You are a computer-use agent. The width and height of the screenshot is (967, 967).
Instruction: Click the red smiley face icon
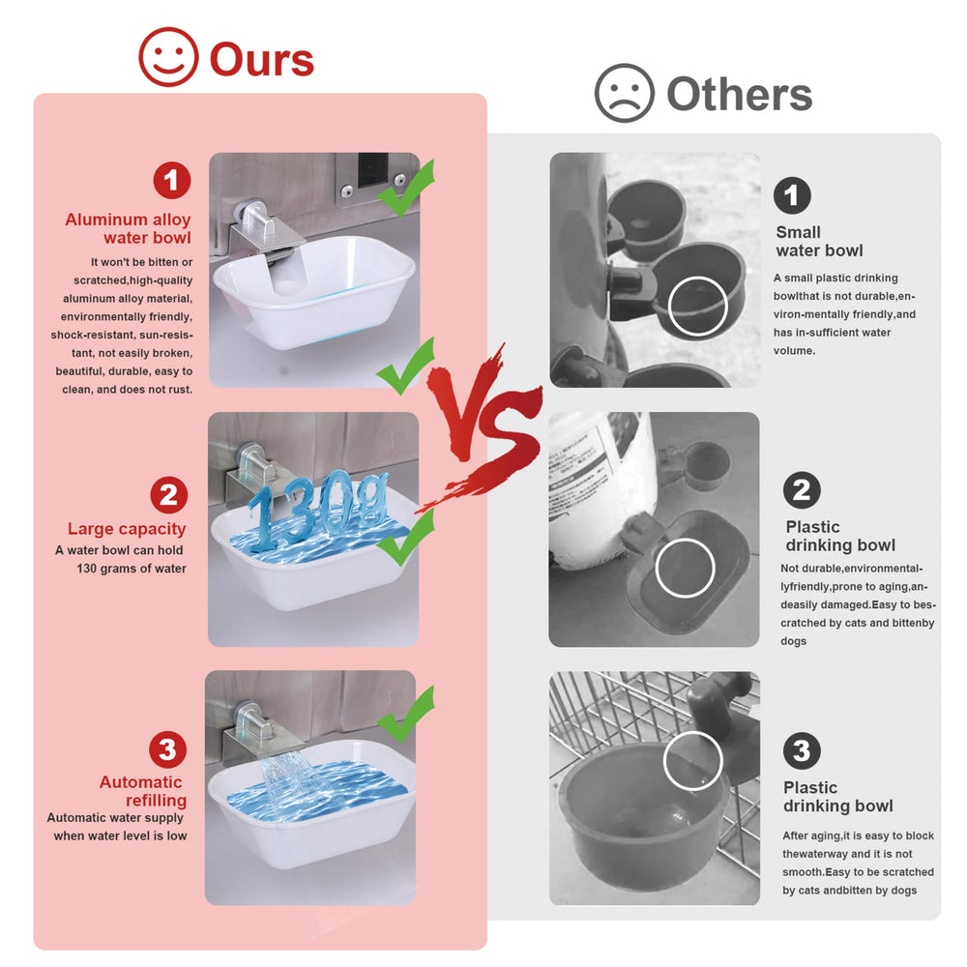pyautogui.click(x=168, y=57)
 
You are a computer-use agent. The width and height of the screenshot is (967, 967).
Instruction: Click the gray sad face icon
pyautogui.click(x=624, y=93)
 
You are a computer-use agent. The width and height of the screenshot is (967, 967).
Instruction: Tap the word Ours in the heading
pyautogui.click(x=262, y=60)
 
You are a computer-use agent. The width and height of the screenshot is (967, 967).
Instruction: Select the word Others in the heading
pyautogui.click(x=740, y=95)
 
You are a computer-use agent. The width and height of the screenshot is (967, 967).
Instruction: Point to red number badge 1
pyautogui.click(x=172, y=180)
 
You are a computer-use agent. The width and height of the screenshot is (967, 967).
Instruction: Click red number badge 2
pyautogui.click(x=169, y=494)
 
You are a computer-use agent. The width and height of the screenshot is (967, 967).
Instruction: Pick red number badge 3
pyautogui.click(x=167, y=750)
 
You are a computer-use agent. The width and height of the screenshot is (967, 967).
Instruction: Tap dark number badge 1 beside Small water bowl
pyautogui.click(x=792, y=195)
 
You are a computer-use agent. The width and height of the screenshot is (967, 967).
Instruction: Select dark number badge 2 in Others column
pyautogui.click(x=802, y=490)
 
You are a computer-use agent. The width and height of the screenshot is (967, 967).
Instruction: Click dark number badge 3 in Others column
pyautogui.click(x=802, y=751)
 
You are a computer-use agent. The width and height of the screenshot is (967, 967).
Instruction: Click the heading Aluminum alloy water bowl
pyautogui.click(x=129, y=229)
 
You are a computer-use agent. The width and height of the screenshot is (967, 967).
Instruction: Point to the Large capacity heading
pyautogui.click(x=127, y=529)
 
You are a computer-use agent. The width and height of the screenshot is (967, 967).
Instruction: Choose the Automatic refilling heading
pyautogui.click(x=143, y=791)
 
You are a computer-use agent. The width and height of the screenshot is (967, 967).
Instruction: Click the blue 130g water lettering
pyautogui.click(x=317, y=509)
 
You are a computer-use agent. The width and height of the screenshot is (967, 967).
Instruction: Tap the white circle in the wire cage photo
pyautogui.click(x=692, y=761)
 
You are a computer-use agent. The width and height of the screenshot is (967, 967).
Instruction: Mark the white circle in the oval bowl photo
pyautogui.click(x=686, y=568)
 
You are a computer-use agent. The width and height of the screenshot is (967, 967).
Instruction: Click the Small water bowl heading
pyautogui.click(x=819, y=241)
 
